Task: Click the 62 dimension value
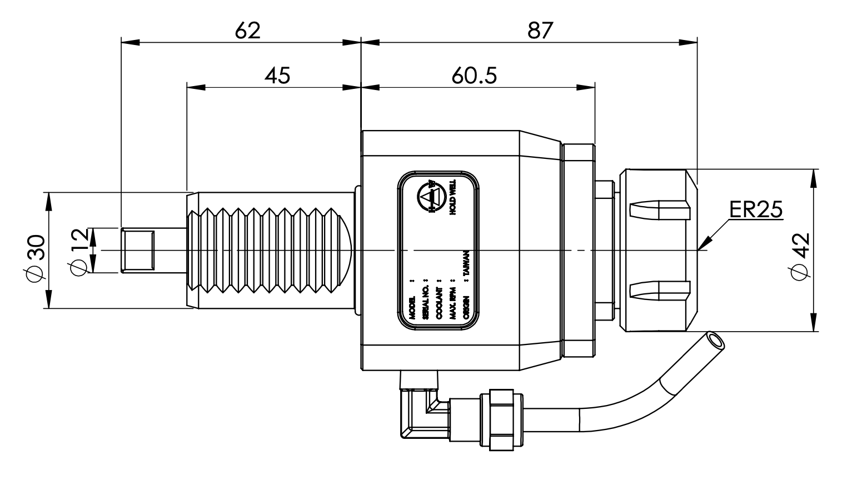tap(247, 30)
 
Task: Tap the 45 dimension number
tap(277, 75)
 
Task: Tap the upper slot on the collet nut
tap(660, 210)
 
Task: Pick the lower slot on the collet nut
tap(660, 290)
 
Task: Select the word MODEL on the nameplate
tap(412, 307)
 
